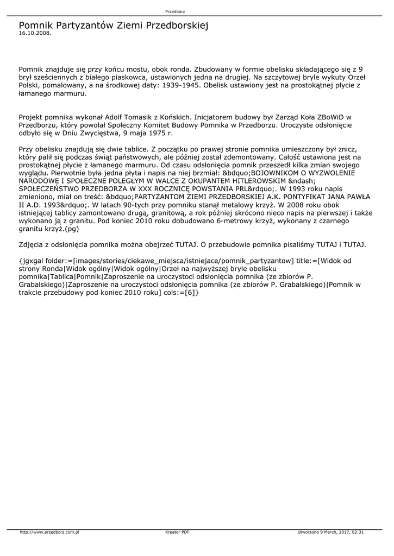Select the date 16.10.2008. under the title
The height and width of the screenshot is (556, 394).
tap(35, 33)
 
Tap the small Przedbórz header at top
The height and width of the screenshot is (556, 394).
tap(175, 11)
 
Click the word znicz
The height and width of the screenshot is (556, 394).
tap(351, 149)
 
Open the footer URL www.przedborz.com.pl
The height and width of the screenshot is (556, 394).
tap(49, 532)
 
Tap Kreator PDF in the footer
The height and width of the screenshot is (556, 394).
tap(177, 532)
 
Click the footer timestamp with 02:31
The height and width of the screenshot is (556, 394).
tap(331, 532)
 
